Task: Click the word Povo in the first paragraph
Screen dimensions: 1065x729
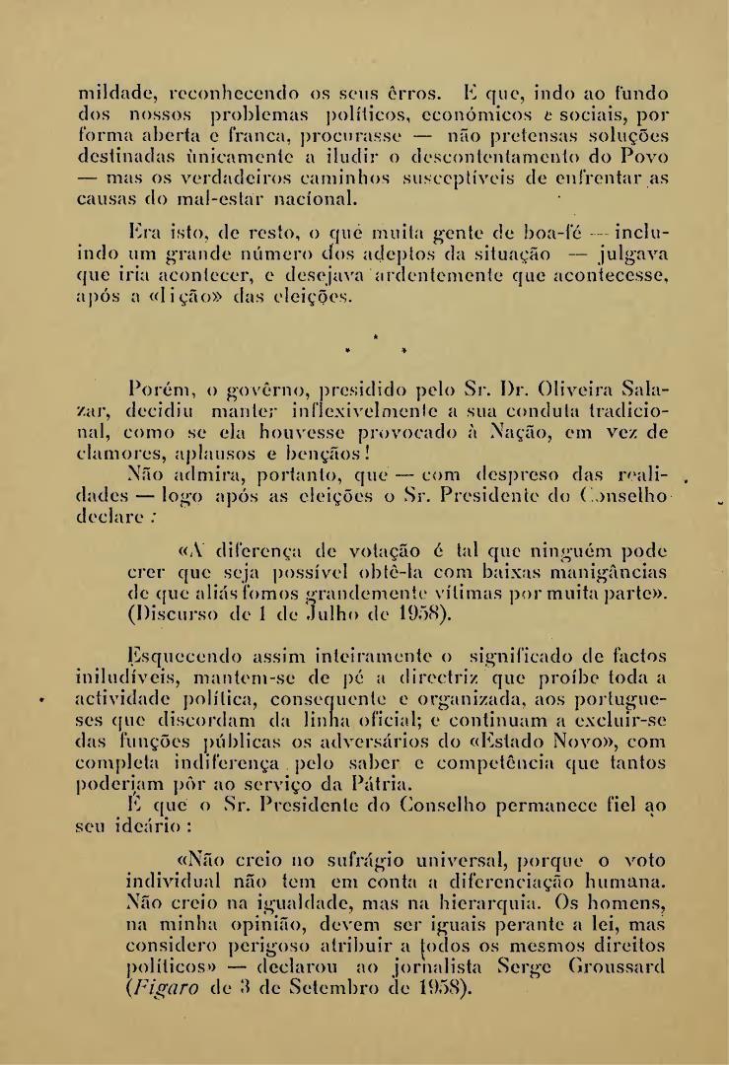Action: pyautogui.click(x=643, y=157)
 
